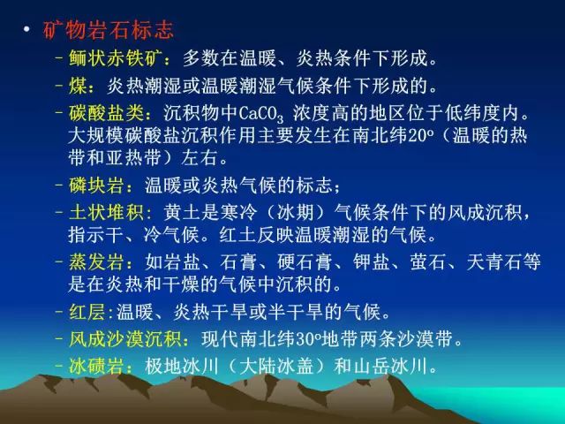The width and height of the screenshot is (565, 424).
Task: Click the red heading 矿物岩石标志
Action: pos(109,29)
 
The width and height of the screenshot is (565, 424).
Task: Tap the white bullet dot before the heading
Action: pos(26,29)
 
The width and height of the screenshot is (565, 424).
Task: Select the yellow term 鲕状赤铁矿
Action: pos(114,58)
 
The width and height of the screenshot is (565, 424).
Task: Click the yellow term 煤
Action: pos(78,86)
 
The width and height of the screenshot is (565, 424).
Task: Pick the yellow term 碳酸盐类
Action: pos(106,113)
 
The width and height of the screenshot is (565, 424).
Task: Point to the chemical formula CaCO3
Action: pos(261,114)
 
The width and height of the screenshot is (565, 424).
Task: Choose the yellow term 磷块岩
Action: pos(96,185)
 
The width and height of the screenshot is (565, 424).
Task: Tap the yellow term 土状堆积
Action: pos(106,212)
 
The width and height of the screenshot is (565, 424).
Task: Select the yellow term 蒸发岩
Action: pos(96,261)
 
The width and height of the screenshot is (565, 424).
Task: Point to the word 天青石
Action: pos(494,261)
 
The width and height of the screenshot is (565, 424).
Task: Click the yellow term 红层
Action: pos(87,312)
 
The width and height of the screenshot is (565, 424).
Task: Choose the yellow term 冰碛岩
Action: pos(96,366)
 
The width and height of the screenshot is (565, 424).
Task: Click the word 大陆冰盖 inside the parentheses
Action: pos(275,366)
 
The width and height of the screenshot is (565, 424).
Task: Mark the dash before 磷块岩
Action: pos(59,185)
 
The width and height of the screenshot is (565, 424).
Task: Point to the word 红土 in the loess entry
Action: pos(238,235)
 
